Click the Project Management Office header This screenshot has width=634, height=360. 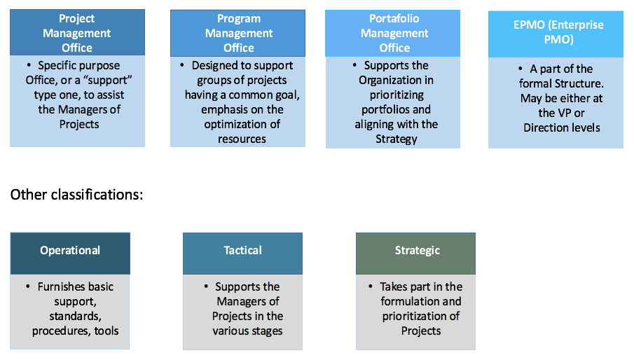coord(77,33)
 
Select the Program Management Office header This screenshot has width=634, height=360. coord(238,33)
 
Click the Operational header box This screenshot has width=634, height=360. coord(70,251)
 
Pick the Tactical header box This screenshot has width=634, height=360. coord(242,251)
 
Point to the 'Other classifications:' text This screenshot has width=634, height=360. coord(77,194)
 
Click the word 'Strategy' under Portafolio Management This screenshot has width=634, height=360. coord(396,139)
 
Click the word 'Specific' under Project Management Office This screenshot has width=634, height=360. coord(59,65)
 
